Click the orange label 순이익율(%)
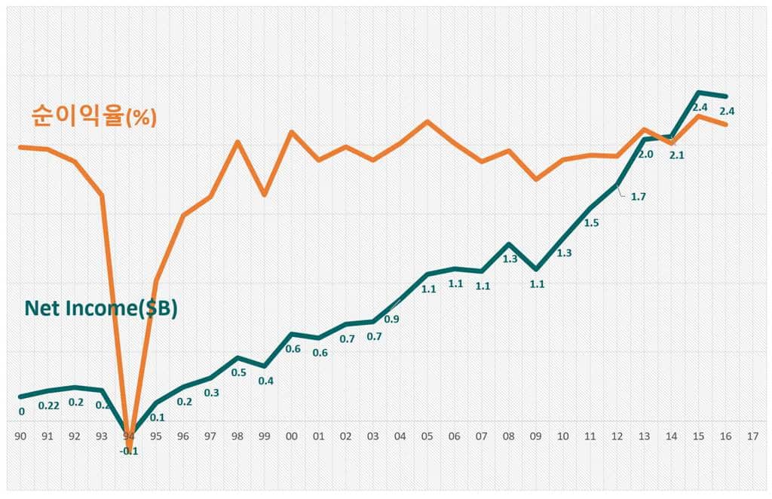coord(94,116)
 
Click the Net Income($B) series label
coord(101,308)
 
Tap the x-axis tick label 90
coord(20,436)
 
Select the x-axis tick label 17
coord(752,436)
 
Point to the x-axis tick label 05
coord(427,436)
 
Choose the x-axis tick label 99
coord(264,436)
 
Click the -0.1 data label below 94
coord(130,451)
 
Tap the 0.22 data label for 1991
coord(49,406)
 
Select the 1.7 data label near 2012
coord(638,197)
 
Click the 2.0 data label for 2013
coord(645,155)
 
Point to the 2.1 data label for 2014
coord(676,155)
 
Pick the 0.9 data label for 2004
coord(392,319)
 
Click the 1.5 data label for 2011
coord(591,222)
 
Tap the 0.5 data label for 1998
coord(238,372)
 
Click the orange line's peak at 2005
coord(427,121)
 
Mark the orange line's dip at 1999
coord(264,194)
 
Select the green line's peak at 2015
coord(698,93)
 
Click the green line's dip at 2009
coord(535,268)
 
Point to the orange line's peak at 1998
coord(237,142)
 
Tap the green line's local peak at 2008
coord(509,244)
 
